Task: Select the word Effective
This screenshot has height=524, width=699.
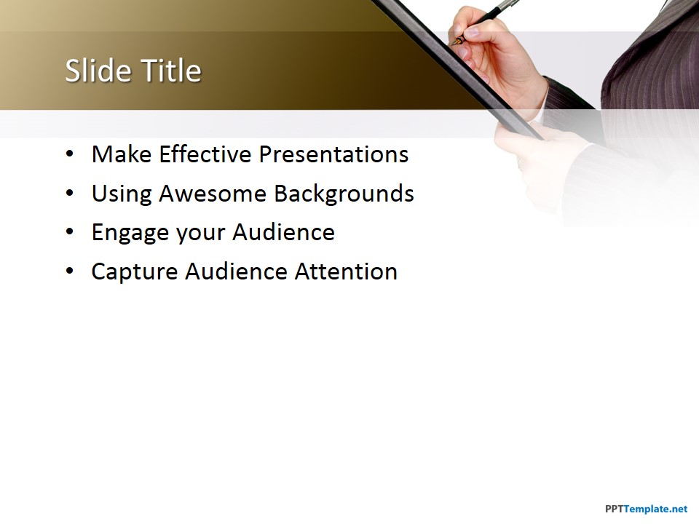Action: pos(205,154)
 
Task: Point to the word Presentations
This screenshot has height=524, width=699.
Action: pos(334,155)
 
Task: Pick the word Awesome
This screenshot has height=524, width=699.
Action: pos(213,194)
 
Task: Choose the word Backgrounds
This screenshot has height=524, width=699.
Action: pos(344,194)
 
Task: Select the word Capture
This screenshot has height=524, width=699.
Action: pos(134,272)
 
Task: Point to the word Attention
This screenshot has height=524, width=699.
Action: pos(346,271)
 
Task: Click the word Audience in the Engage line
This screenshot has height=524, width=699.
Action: pos(283,232)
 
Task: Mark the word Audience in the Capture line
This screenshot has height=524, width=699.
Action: pos(236,271)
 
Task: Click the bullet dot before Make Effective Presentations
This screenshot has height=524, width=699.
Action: pos(70,154)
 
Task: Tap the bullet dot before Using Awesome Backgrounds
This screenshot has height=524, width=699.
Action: pos(70,194)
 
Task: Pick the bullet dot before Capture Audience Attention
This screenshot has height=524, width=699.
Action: pos(70,271)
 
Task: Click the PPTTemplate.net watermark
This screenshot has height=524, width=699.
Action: pos(646,509)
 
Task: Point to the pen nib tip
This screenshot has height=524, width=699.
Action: pos(452,44)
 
